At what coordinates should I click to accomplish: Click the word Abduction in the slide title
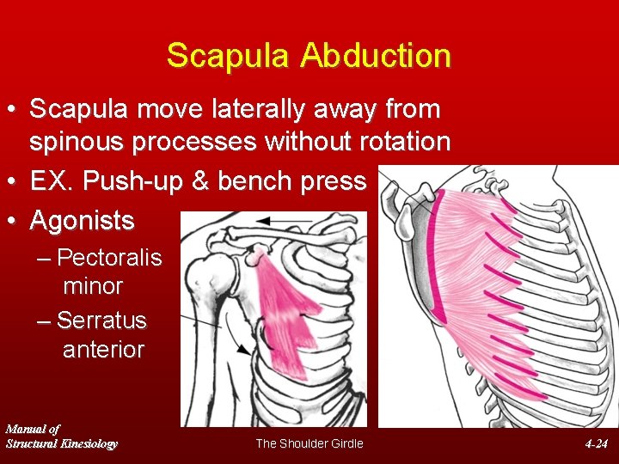375,56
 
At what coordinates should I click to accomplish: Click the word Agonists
82,221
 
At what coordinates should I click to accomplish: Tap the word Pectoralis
109,258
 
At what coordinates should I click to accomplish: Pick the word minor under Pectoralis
93,285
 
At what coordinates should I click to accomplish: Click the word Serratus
101,321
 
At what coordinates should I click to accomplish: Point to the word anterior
103,350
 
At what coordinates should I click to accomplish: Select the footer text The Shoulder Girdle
309,443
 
